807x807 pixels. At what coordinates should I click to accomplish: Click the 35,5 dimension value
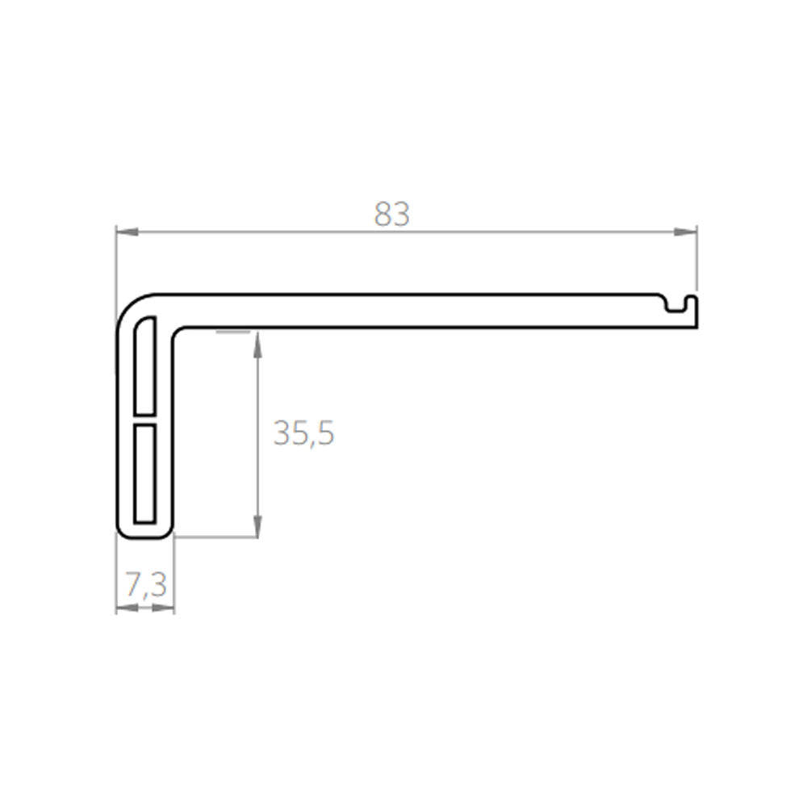coord(303,433)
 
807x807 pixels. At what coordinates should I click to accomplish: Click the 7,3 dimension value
coord(146,585)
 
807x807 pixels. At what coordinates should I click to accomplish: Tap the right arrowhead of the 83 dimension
coord(685,232)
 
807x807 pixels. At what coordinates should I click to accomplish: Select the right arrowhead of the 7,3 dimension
coord(163,608)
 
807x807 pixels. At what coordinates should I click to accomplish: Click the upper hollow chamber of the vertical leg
coord(144,366)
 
